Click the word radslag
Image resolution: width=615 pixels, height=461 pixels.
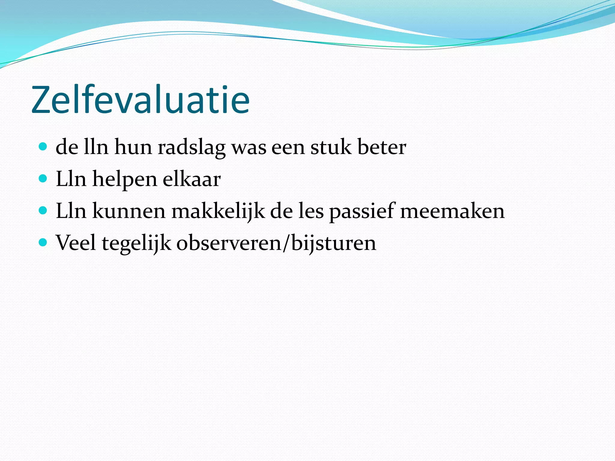click(x=192, y=148)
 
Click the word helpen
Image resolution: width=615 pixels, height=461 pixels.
click(x=125, y=180)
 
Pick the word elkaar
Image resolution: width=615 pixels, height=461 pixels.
click(x=192, y=179)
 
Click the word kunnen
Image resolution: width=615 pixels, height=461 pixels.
click(x=129, y=211)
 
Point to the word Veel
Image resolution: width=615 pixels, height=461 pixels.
click(x=76, y=243)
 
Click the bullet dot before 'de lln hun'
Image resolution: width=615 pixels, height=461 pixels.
click(x=43, y=147)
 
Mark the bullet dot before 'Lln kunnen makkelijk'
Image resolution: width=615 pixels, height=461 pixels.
click(x=43, y=210)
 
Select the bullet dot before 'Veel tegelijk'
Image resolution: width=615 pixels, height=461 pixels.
click(x=43, y=242)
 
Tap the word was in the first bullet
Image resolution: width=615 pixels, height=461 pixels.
click(x=249, y=148)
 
